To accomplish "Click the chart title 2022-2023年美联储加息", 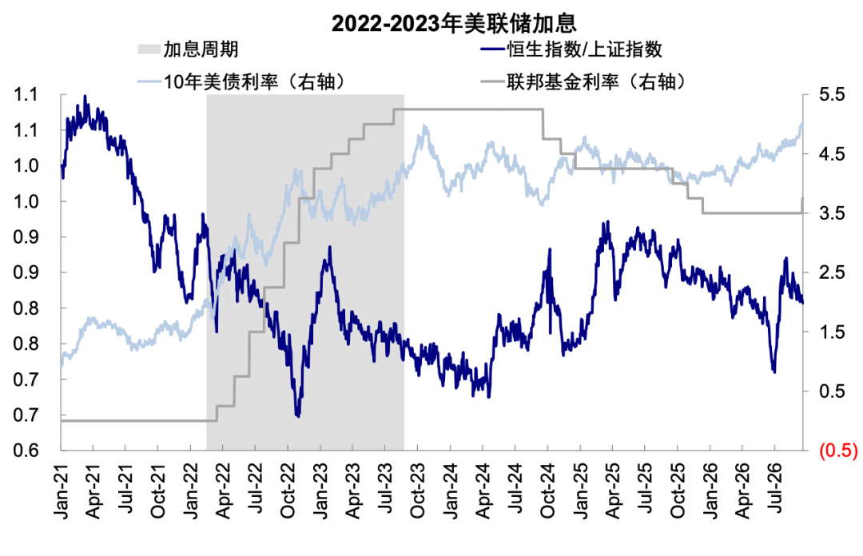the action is pos(454,23).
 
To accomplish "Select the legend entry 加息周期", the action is pos(201,50).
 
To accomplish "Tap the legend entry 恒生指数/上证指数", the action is pos(584,50).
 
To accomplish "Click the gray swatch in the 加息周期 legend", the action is pos(149,50).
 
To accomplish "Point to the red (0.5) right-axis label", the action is pos(838,451).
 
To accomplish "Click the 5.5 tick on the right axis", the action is pos(832,95).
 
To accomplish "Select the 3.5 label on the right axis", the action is pos(832,213).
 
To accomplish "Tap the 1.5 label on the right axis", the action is pos(832,332).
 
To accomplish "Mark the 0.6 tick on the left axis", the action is pos(26,451).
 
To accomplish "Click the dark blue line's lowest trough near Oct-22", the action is pos(298,416).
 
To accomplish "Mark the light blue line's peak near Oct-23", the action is pos(424,126).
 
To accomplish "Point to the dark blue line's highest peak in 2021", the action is pos(85,96).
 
